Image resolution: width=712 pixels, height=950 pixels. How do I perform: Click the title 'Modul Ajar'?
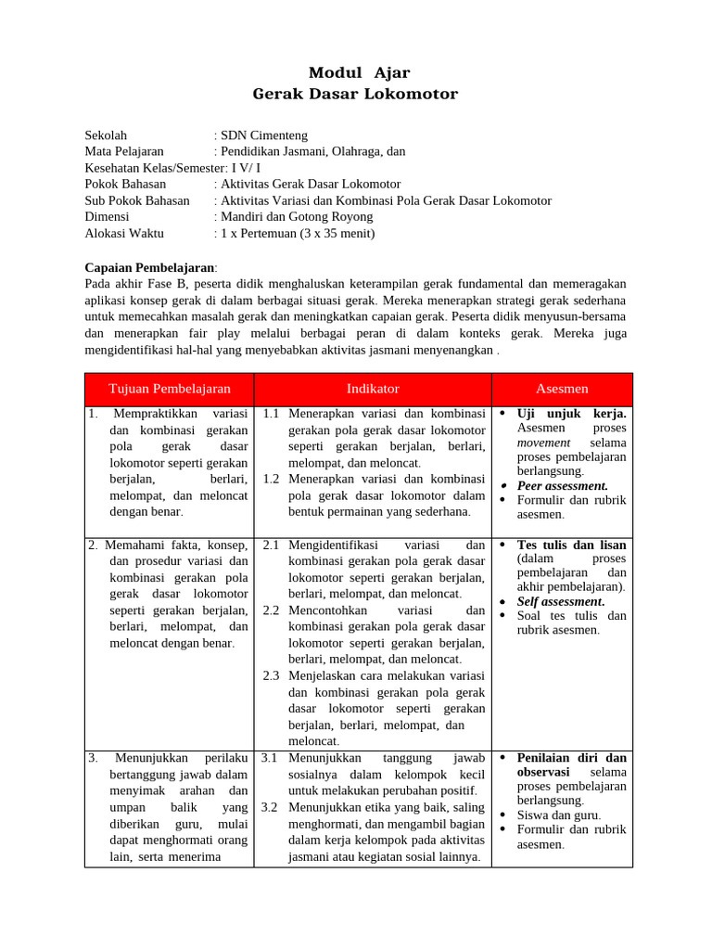[359, 72]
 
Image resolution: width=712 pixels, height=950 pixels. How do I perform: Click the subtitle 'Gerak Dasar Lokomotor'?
[355, 94]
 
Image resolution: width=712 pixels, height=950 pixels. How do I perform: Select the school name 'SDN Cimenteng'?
[264, 135]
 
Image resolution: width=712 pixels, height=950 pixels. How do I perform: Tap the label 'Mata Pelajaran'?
[124, 150]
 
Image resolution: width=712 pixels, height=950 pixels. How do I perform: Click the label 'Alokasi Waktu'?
[123, 233]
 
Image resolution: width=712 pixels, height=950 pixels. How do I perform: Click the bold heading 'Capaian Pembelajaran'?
[148, 267]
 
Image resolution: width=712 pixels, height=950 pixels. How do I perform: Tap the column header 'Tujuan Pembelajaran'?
[170, 389]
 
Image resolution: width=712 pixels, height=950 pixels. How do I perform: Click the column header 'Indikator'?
[373, 389]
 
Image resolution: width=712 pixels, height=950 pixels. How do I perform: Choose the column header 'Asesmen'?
[562, 389]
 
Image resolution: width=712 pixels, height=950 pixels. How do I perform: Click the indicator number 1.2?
[271, 479]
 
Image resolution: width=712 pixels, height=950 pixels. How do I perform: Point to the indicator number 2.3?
[271, 675]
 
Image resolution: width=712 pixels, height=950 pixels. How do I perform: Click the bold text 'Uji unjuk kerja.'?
[571, 413]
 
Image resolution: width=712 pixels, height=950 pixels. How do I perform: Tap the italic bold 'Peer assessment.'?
[562, 485]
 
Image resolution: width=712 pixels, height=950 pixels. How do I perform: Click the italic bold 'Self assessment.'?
[560, 601]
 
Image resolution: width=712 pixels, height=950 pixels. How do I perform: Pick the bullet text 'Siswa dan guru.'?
[559, 815]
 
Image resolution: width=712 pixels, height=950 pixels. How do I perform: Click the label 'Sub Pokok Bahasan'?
[137, 200]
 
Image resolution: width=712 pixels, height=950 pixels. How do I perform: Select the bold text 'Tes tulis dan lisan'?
[571, 545]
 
